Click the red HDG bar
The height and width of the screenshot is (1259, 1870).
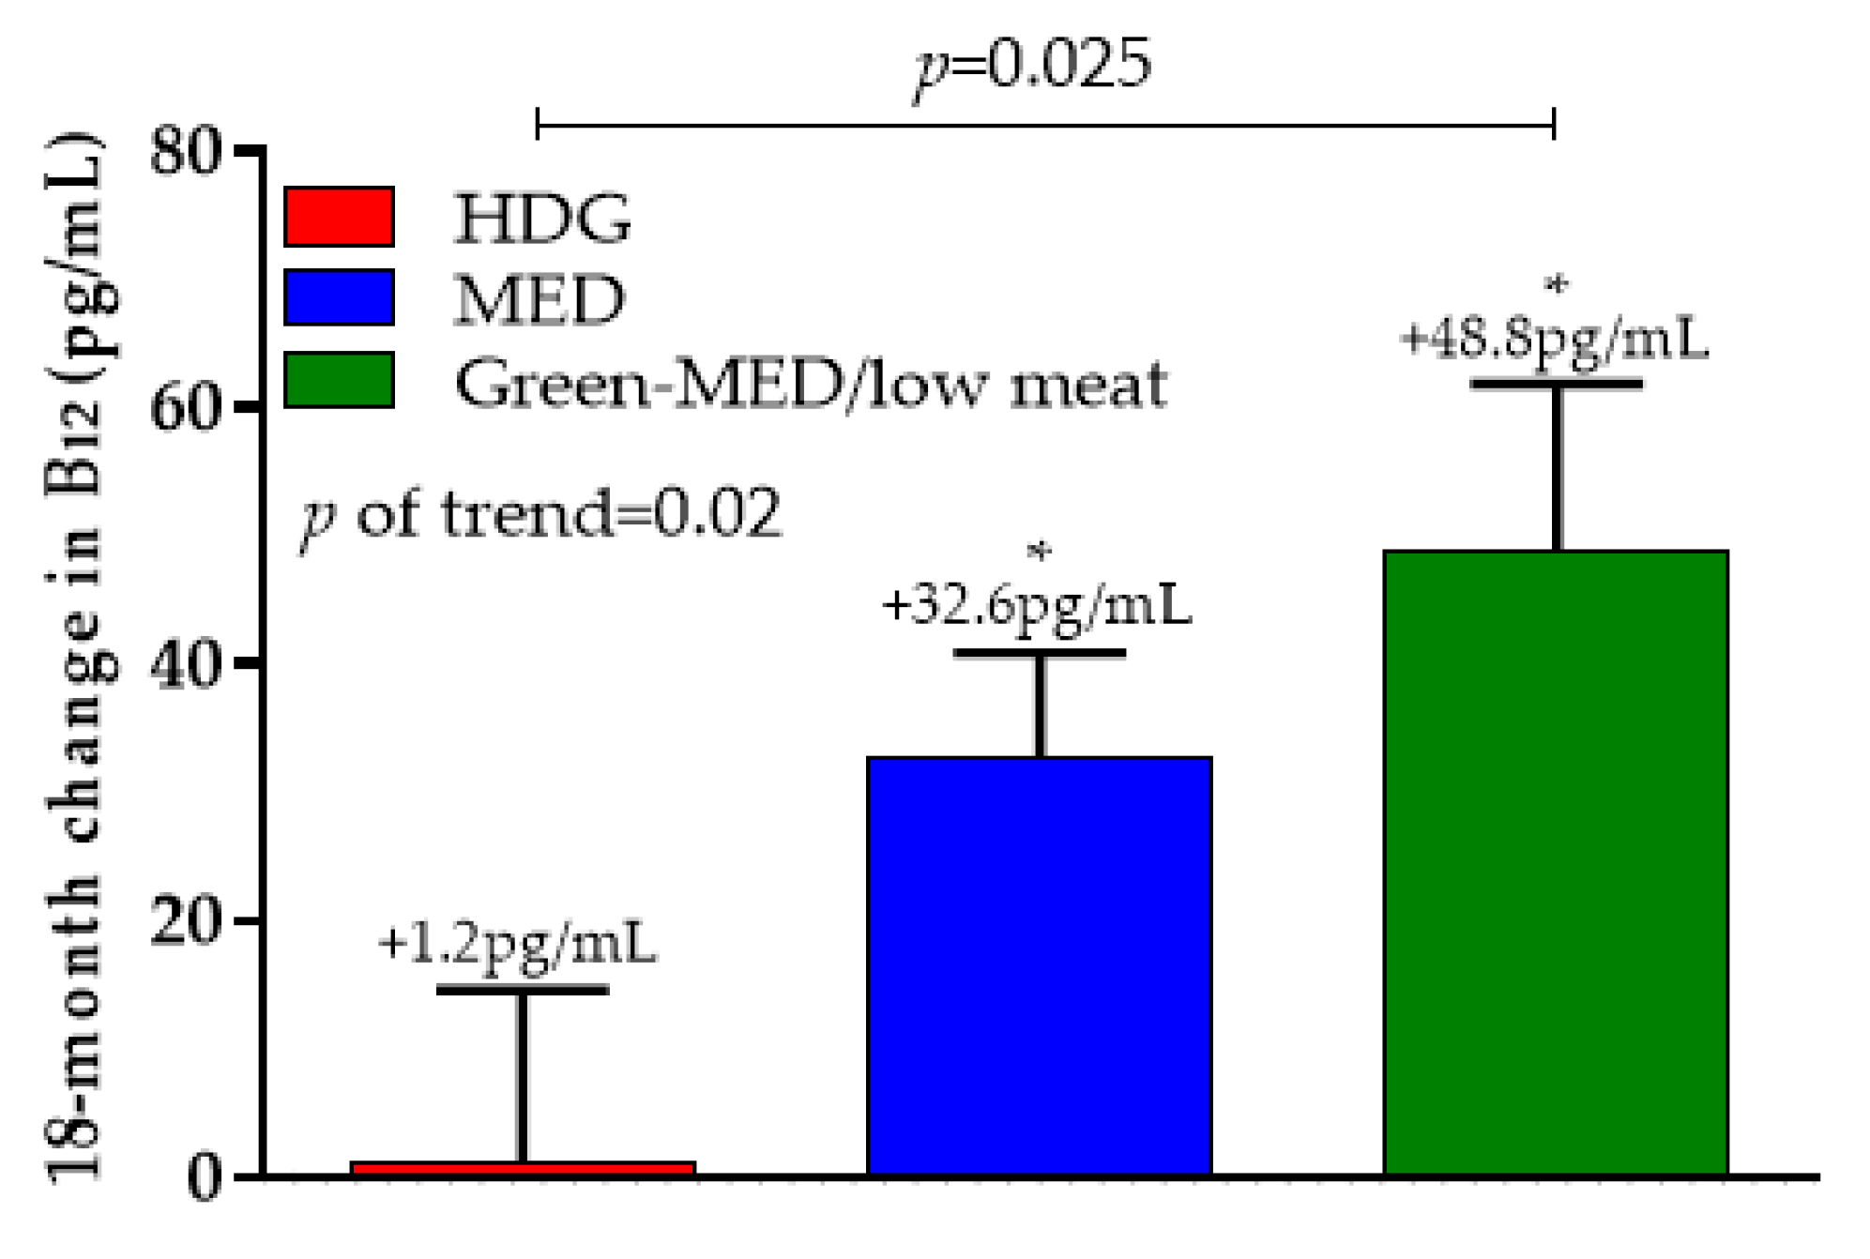[x=522, y=1168]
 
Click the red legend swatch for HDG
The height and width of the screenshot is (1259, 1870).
[x=339, y=217]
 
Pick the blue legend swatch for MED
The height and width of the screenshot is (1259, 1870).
[x=339, y=297]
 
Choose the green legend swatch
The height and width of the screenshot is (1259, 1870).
[x=339, y=380]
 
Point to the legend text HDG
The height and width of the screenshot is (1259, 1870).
[x=541, y=219]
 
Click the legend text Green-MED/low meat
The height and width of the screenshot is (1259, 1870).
[x=811, y=384]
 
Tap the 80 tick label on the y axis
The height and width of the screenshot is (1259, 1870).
[x=186, y=151]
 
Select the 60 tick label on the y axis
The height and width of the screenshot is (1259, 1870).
[x=186, y=408]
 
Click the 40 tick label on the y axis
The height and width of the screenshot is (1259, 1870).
[x=186, y=665]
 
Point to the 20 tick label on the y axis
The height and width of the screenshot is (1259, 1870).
[x=186, y=921]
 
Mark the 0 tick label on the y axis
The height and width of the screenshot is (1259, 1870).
[x=204, y=1178]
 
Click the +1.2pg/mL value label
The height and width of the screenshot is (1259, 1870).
[x=517, y=944]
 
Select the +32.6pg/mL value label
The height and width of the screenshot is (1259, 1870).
[x=1036, y=605]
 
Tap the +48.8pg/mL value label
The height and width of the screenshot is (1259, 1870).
[x=1554, y=339]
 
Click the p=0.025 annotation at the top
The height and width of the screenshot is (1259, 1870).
[x=1033, y=66]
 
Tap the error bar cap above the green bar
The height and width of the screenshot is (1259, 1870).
[x=1556, y=384]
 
